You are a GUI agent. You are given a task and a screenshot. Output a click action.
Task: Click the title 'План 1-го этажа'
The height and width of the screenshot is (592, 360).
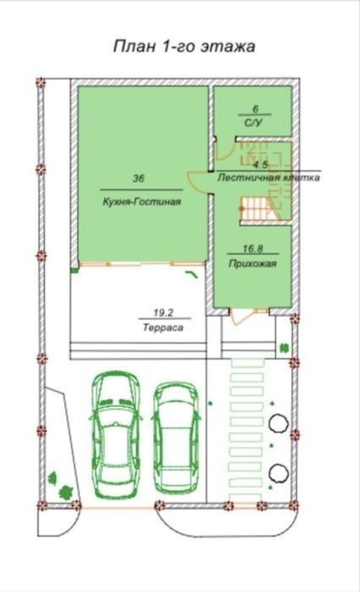[184, 46]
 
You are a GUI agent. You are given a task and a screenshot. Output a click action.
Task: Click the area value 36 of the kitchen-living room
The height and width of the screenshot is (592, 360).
[139, 178]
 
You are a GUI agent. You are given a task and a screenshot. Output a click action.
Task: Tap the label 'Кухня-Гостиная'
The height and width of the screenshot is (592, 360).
[141, 201]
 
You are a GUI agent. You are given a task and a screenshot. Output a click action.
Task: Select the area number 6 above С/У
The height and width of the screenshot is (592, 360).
[255, 109]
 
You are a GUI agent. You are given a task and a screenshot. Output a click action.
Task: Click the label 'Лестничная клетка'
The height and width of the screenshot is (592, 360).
[268, 178]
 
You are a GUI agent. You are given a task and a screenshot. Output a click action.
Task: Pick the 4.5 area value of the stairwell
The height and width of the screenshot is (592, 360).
[260, 165]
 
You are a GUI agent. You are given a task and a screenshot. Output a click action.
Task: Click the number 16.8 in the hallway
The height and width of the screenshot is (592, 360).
[253, 249]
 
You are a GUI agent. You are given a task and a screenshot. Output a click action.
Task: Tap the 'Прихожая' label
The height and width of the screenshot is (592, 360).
[253, 264]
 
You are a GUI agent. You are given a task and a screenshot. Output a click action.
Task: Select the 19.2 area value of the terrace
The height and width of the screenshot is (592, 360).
[163, 313]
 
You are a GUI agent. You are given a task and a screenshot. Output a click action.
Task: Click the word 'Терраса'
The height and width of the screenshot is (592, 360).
[163, 327]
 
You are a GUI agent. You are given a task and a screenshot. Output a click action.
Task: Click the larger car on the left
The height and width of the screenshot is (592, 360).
[116, 434]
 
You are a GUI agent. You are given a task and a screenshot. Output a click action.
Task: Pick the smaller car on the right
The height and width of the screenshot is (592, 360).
[176, 439]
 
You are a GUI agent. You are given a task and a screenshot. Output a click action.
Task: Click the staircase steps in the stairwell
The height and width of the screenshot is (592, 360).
[257, 210]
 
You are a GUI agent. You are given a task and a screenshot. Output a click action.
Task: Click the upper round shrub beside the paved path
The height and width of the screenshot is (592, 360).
[278, 423]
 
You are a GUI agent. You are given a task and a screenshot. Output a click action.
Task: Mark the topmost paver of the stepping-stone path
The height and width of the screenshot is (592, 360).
[247, 364]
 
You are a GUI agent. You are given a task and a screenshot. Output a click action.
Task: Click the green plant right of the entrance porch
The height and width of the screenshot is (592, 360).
[284, 348]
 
